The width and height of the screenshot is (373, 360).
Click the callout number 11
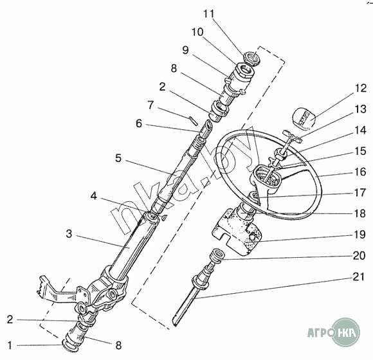pos(208,14)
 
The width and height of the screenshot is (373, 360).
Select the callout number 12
pos(361,89)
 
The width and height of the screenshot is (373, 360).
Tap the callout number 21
pos(358,277)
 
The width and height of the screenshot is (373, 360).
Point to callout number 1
pos(10,345)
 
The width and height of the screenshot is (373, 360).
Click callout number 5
pos(118,158)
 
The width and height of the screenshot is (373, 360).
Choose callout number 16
pos(360,172)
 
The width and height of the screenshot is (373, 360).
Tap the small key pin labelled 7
pos(193,120)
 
